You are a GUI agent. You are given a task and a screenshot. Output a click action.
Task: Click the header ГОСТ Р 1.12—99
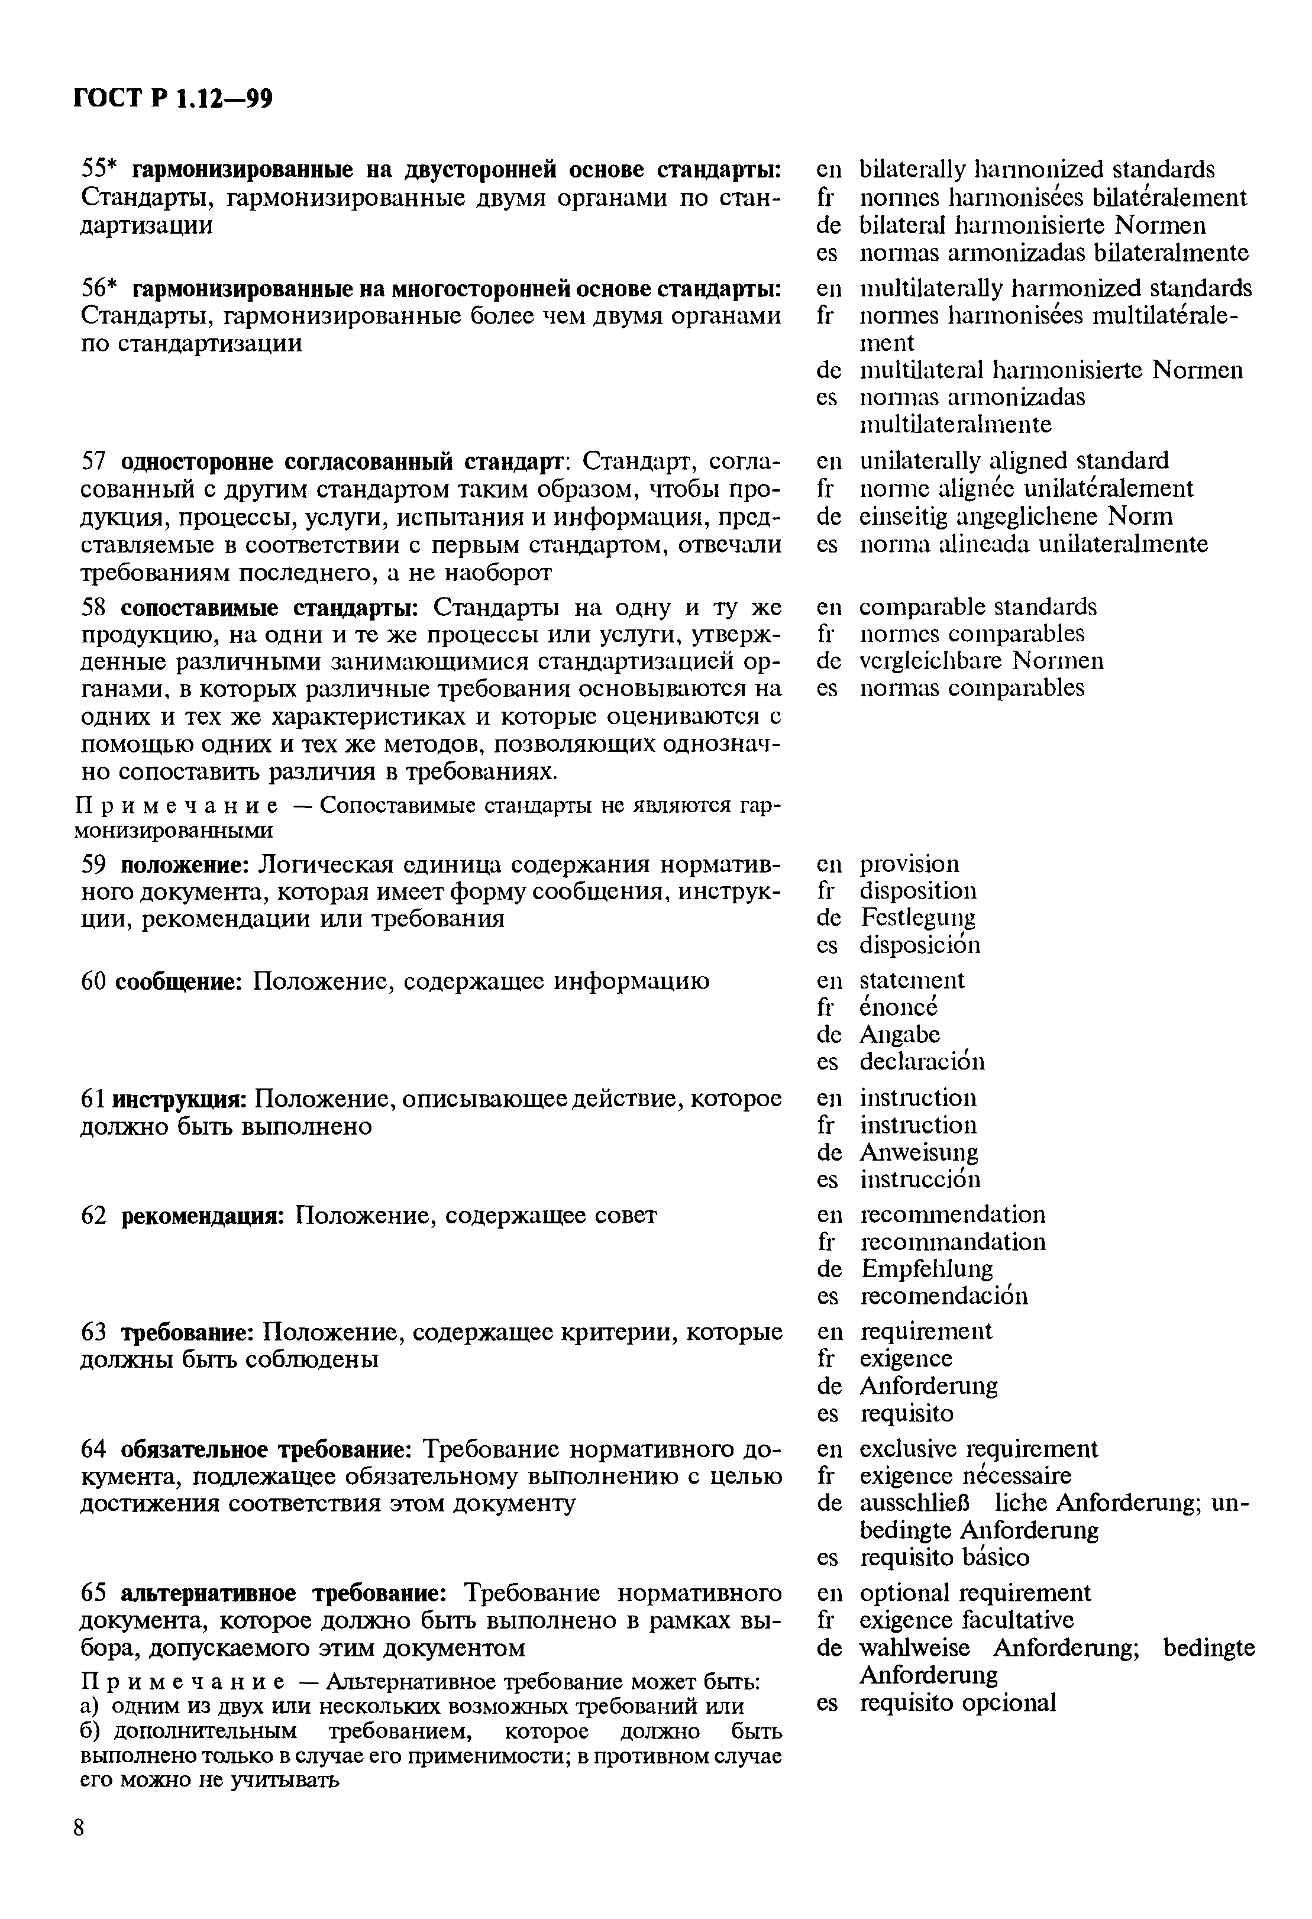(x=173, y=99)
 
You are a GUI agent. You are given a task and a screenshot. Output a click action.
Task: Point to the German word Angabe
(x=899, y=1035)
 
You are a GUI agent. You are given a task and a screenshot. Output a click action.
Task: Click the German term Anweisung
(x=918, y=1152)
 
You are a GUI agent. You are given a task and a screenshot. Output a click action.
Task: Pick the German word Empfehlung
(x=926, y=1268)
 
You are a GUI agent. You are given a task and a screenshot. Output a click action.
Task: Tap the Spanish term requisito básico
(x=945, y=1558)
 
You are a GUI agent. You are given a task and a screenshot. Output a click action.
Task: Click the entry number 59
(x=93, y=864)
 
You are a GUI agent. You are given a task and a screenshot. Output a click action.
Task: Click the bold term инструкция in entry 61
(x=179, y=1100)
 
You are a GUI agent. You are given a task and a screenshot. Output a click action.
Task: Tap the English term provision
(x=909, y=864)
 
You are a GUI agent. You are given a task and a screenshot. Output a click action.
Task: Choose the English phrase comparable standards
(x=978, y=607)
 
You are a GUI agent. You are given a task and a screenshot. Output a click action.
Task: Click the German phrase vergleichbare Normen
(x=981, y=661)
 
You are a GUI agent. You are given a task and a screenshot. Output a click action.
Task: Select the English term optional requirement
(x=974, y=1593)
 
